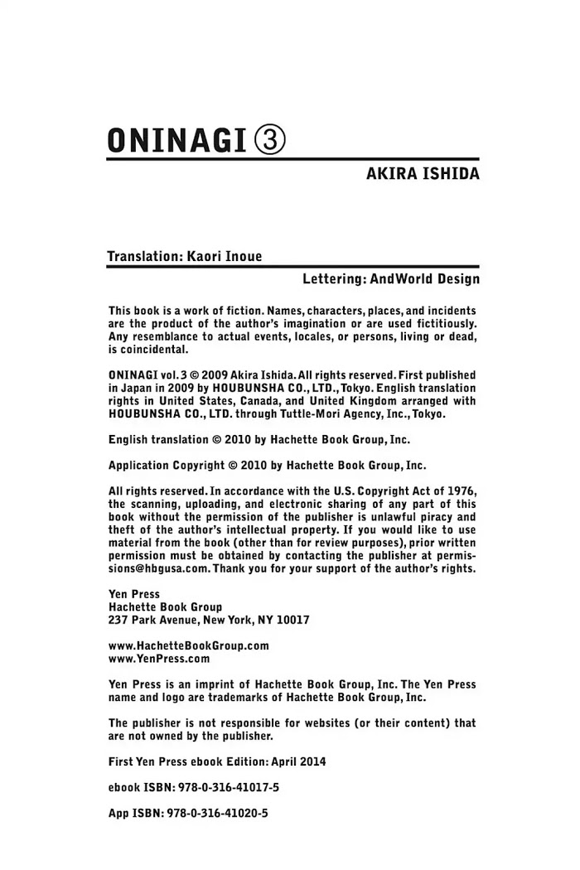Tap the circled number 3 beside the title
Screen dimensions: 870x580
pos(268,138)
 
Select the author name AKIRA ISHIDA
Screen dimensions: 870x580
pos(423,176)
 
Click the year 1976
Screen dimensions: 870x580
pos(461,491)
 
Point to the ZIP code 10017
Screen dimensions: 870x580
pos(293,619)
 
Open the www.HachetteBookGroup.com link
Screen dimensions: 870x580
pos(189,645)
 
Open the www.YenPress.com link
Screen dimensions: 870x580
pos(159,659)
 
